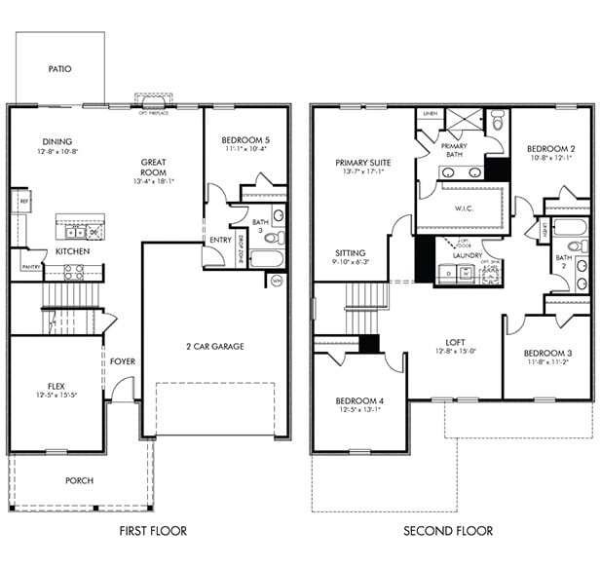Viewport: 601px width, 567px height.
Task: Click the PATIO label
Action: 60,69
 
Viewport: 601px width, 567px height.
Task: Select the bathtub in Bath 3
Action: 266,259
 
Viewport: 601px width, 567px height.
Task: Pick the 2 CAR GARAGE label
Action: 215,346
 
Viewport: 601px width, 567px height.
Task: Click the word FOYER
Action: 123,361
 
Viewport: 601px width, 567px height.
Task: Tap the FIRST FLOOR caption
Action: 153,531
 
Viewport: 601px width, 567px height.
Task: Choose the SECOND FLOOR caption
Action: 449,531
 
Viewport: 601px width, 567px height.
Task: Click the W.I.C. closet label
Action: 465,208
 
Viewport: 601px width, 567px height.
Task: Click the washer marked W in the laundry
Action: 466,274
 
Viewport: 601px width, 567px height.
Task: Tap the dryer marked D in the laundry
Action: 448,274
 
